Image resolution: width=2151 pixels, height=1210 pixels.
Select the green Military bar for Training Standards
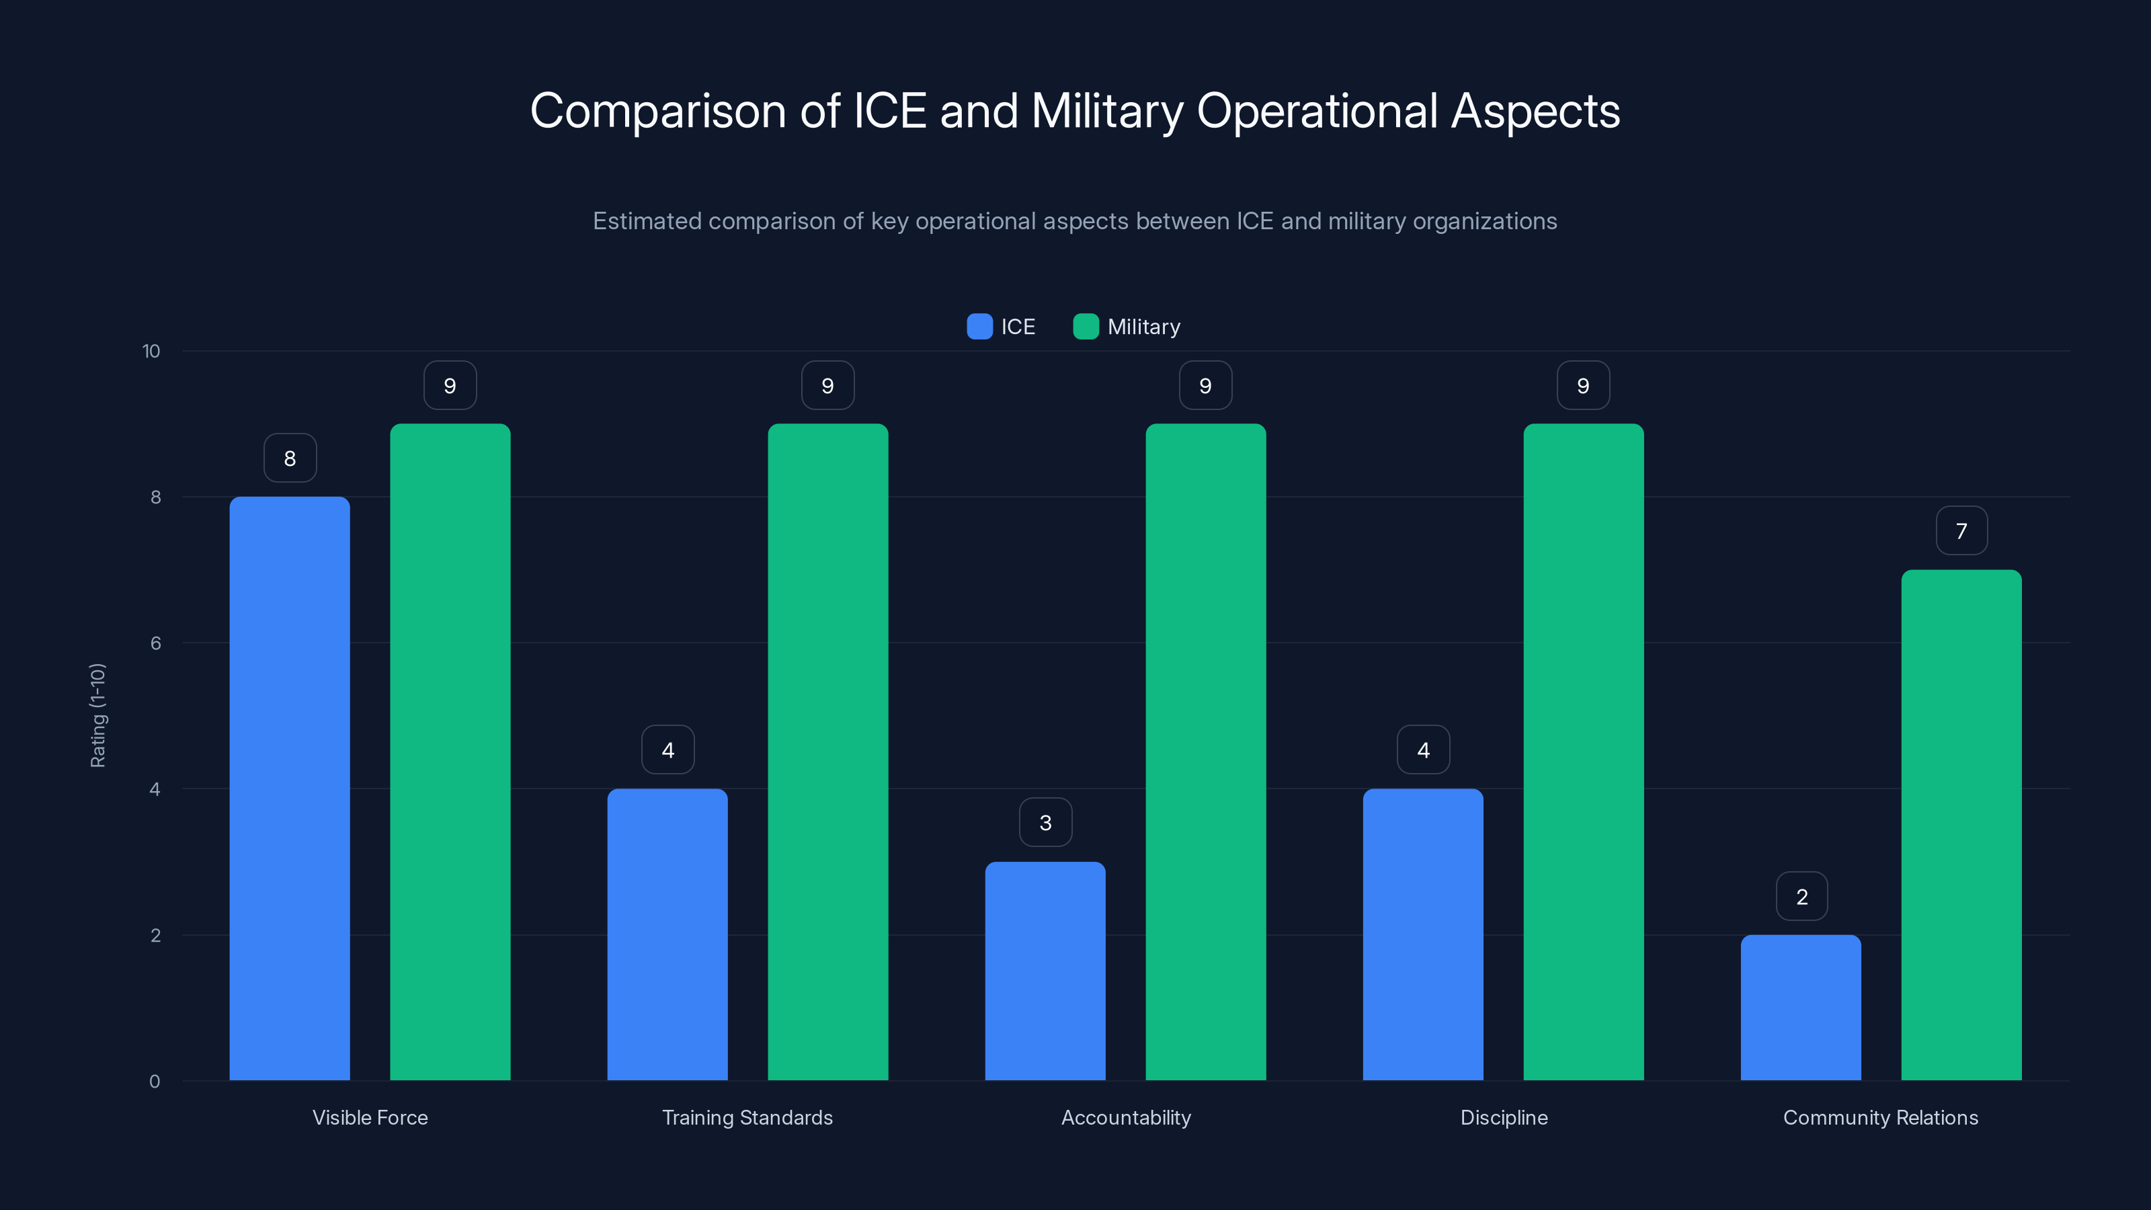(x=827, y=752)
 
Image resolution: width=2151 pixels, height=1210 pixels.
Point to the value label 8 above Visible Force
(x=290, y=458)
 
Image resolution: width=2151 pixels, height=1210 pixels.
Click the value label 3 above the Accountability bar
(x=1045, y=823)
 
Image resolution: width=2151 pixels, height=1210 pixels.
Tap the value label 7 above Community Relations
(x=1961, y=531)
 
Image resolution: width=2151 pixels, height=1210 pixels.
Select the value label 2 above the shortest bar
(x=1801, y=897)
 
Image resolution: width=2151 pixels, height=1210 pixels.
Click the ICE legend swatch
(x=979, y=327)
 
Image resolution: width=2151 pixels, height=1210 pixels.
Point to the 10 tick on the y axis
(x=151, y=352)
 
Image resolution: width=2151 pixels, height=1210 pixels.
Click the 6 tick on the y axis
(x=155, y=643)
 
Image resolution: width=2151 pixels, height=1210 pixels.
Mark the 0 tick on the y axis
(x=155, y=1082)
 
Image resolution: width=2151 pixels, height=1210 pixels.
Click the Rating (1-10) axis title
(x=97, y=716)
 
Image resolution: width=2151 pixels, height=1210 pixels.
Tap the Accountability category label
(x=1126, y=1117)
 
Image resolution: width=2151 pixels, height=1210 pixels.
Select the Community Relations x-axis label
(x=1881, y=1117)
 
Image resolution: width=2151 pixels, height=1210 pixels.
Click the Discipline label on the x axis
(x=1503, y=1117)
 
